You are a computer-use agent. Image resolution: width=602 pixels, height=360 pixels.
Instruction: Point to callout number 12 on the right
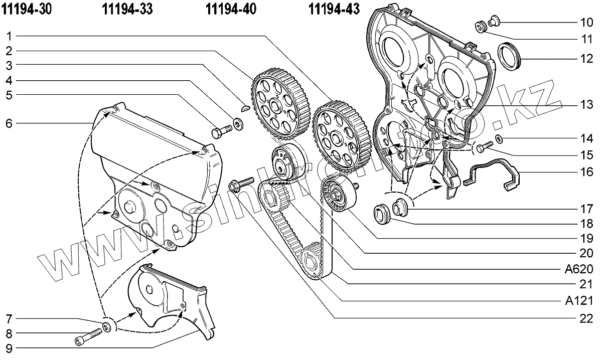click(x=586, y=58)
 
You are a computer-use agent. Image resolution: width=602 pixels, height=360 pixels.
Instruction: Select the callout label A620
click(x=579, y=269)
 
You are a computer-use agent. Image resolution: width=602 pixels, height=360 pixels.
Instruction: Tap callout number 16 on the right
click(x=586, y=172)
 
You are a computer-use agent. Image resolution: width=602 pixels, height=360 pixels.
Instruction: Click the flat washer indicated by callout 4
click(x=237, y=122)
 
